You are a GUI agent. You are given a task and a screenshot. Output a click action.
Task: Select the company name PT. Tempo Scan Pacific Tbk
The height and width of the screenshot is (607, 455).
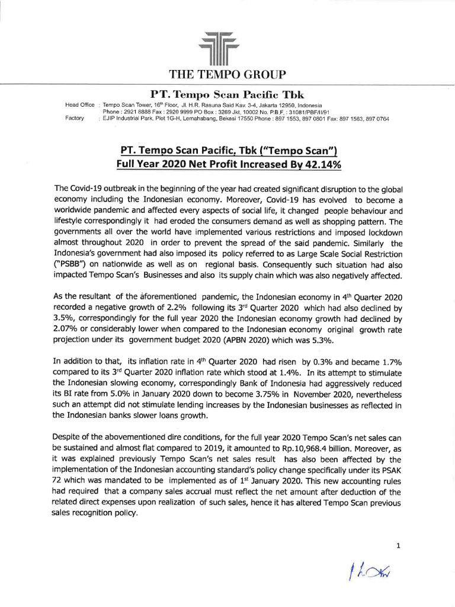(227, 94)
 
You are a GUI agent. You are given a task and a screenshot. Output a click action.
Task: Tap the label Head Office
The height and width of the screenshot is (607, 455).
(79, 105)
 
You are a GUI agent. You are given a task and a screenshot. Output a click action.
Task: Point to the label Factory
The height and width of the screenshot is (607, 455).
(76, 119)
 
